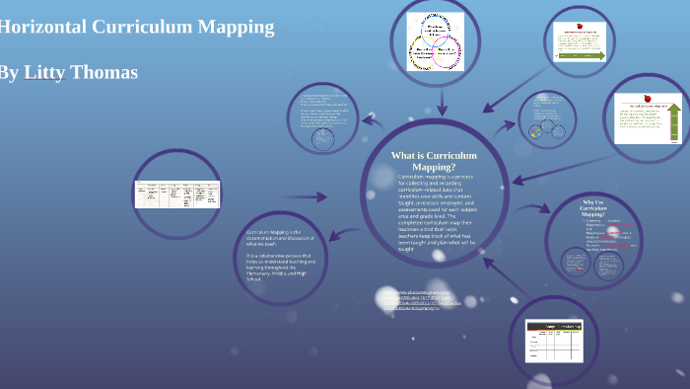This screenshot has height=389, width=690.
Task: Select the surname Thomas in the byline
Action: point(103,72)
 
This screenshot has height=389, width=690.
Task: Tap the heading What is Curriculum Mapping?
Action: point(434,161)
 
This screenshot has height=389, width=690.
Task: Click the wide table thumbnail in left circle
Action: point(177,194)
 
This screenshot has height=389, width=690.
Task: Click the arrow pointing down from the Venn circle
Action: point(442,105)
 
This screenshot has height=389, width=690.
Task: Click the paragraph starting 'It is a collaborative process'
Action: point(280,268)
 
